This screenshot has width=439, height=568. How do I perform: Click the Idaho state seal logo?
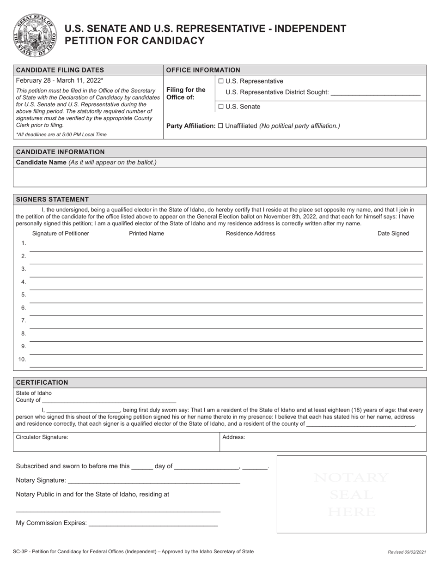(x=35, y=35)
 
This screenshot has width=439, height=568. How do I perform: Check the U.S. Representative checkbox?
(x=221, y=81)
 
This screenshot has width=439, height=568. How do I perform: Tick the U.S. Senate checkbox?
(x=221, y=107)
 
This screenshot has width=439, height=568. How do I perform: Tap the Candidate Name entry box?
(x=219, y=177)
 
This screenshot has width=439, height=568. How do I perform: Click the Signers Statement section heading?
(x=52, y=199)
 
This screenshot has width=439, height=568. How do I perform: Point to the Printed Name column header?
(x=146, y=233)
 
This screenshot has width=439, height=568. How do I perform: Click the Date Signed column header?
(x=393, y=233)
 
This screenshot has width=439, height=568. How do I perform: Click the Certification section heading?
(x=42, y=382)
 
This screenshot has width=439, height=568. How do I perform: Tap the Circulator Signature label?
(x=42, y=437)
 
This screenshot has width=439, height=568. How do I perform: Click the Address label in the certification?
(x=233, y=437)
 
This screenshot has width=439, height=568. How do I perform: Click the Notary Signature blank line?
(x=153, y=481)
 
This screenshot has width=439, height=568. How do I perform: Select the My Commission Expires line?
(x=152, y=523)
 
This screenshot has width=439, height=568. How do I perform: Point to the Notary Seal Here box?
(x=351, y=494)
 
